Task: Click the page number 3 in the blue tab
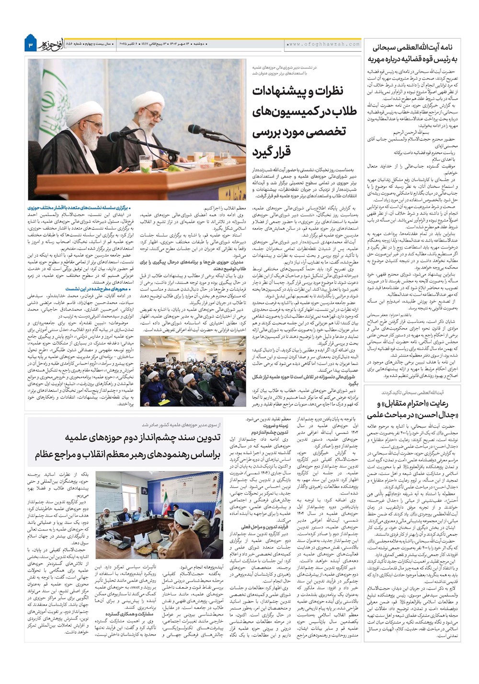[x=30, y=44]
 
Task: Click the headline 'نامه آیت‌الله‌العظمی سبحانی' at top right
[x=414, y=48]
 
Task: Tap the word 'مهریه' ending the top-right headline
[x=379, y=59]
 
